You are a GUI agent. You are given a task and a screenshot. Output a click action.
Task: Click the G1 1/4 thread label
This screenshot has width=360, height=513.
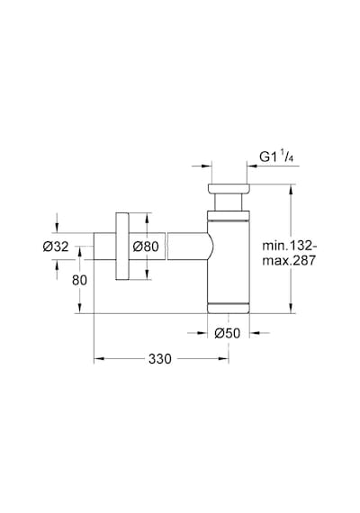[276, 157]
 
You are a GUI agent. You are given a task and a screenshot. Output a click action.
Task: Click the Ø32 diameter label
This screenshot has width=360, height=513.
[56, 247]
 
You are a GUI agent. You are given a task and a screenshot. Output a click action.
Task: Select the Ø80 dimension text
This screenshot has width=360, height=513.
[146, 247]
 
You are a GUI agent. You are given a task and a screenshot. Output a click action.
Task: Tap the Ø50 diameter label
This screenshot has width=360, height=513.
[227, 333]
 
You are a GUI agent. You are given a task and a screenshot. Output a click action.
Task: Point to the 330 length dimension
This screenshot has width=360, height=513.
[159, 359]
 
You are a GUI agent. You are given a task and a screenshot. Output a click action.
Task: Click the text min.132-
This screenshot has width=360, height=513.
[290, 246]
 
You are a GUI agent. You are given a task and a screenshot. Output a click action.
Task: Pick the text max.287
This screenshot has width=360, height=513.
[289, 260]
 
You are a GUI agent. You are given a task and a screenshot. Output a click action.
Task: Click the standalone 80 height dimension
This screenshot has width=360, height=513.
[79, 281]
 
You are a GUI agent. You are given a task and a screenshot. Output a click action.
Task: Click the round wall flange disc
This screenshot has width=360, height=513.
[122, 246]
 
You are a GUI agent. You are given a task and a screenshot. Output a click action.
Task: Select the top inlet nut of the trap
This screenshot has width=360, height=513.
[229, 189]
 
